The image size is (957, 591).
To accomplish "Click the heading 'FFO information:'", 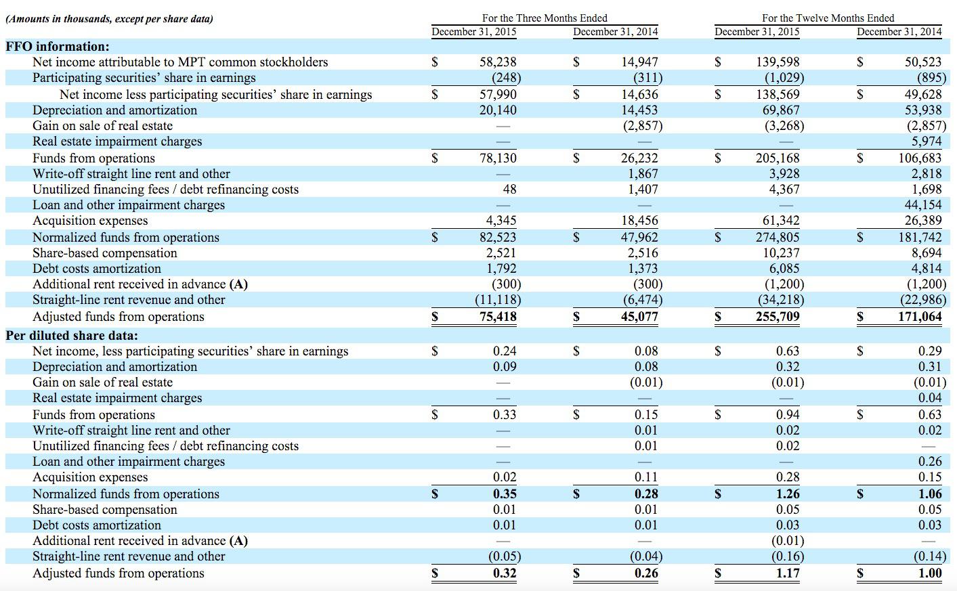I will (58, 47).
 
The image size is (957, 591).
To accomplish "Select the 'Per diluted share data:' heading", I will (72, 335).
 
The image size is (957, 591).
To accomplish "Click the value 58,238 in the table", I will (498, 62).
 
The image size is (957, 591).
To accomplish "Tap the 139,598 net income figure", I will (778, 62).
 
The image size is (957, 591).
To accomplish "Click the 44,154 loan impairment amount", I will (922, 204).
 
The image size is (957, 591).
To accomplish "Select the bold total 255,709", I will (778, 316).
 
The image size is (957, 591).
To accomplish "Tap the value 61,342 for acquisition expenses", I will (778, 221).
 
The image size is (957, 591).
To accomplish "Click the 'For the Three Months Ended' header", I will (545, 18).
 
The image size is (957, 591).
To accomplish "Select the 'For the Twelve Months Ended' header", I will (828, 18).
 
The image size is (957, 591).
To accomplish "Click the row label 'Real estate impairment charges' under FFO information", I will (117, 141).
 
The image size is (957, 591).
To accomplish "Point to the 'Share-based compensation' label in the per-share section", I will (105, 510).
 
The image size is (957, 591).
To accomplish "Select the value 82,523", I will (498, 238).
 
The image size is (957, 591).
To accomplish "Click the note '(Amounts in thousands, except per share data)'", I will (109, 19).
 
